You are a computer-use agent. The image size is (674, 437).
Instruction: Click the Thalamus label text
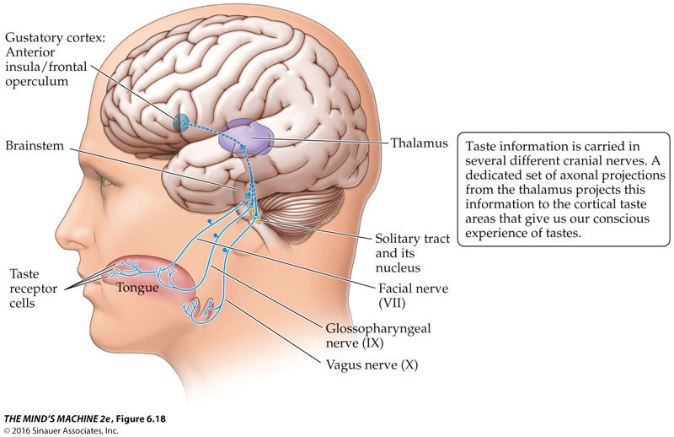coord(420,143)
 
